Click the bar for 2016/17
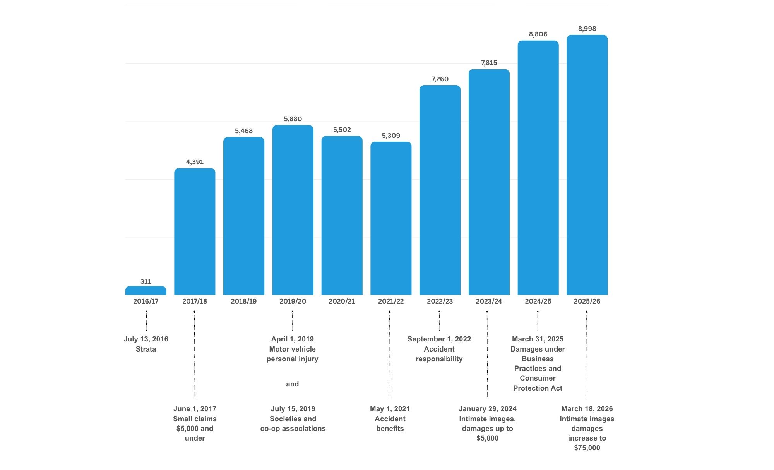click(146, 291)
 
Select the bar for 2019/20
click(293, 210)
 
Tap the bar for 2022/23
click(440, 190)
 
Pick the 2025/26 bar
click(587, 165)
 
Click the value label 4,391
click(195, 162)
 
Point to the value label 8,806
click(538, 34)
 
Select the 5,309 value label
click(391, 136)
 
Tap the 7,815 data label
click(489, 63)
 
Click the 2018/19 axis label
click(244, 301)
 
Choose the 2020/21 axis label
click(342, 301)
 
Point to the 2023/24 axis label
click(489, 301)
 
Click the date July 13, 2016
click(146, 339)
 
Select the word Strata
click(146, 349)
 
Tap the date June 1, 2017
click(195, 409)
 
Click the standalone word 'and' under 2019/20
click(293, 384)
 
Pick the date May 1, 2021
click(390, 409)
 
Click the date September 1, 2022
click(439, 339)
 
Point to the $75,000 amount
click(587, 448)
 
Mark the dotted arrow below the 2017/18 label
click(195, 354)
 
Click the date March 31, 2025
click(538, 339)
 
